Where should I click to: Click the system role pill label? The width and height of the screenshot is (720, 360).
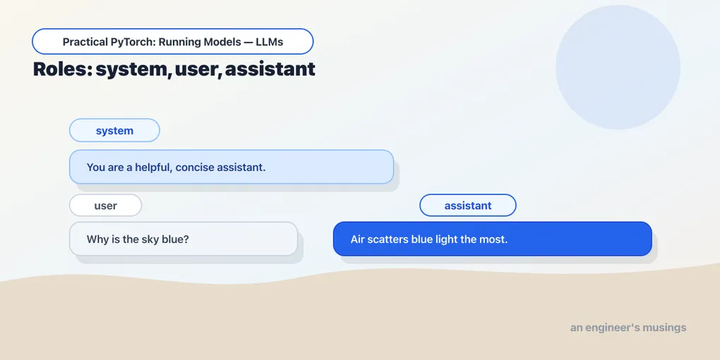click(114, 131)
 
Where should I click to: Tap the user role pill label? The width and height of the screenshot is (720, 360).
click(106, 205)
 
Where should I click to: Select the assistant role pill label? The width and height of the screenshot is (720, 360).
click(468, 205)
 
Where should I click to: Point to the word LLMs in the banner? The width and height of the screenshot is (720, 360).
click(269, 42)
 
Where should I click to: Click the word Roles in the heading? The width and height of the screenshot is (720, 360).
click(62, 69)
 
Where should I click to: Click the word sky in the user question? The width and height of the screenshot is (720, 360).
click(150, 239)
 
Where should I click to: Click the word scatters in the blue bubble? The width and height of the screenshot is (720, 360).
click(383, 239)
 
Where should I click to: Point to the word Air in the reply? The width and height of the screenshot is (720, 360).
click(356, 239)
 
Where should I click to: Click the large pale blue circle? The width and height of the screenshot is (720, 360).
click(618, 67)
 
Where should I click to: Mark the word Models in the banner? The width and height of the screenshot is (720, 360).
click(225, 42)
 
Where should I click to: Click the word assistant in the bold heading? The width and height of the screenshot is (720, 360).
click(270, 69)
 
